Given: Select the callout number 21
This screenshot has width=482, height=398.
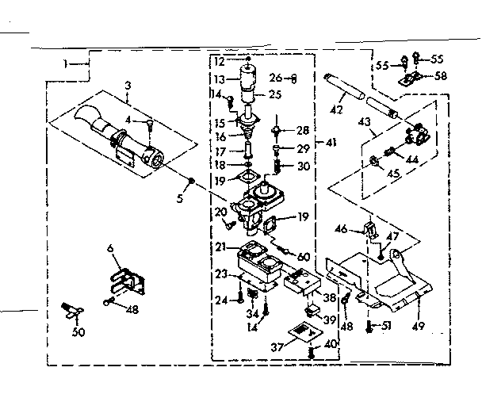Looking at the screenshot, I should (218, 247).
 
